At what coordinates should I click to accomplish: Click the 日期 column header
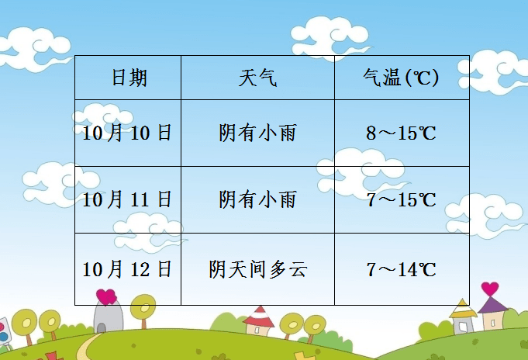[129, 78]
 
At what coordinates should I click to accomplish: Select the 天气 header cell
[257, 78]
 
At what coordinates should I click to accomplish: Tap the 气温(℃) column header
[401, 78]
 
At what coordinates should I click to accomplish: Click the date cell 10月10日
[128, 133]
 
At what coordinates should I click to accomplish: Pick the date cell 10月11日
[128, 200]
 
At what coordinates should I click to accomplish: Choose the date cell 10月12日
[128, 269]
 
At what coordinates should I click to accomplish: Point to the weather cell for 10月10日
[257, 133]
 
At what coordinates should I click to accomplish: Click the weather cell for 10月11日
[257, 200]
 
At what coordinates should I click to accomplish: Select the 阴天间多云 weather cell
[257, 269]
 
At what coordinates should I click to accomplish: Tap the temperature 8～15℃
[401, 133]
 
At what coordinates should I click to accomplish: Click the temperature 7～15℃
[401, 200]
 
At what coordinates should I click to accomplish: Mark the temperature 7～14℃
[401, 269]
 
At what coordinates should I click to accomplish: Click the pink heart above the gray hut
[106, 296]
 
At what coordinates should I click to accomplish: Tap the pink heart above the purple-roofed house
[490, 289]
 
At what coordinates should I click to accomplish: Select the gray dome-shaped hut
[109, 318]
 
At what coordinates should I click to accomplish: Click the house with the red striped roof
[259, 320]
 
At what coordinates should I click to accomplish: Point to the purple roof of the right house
[492, 305]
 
